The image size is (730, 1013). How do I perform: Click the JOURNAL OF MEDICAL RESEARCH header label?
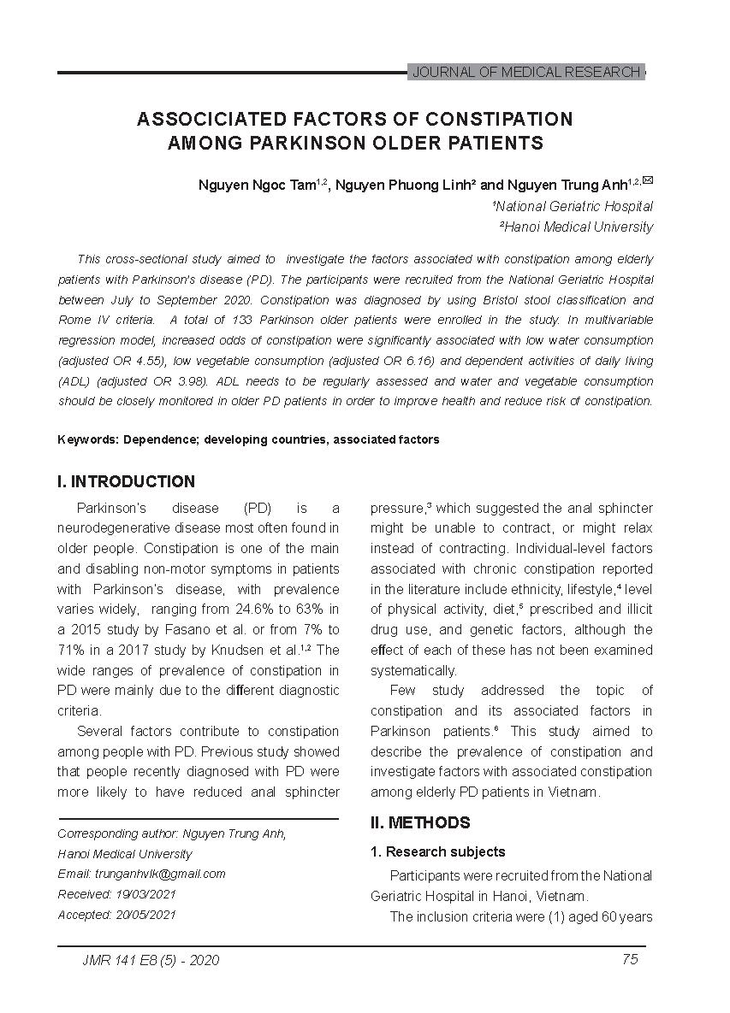(525, 73)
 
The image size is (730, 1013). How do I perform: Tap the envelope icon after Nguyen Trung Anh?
(648, 180)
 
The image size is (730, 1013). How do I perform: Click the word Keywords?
(87, 440)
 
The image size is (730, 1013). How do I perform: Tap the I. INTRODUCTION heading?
(126, 482)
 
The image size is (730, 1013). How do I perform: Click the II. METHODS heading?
(420, 823)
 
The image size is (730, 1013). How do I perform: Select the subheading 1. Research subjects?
(437, 852)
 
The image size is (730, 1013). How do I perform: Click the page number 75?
(630, 959)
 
